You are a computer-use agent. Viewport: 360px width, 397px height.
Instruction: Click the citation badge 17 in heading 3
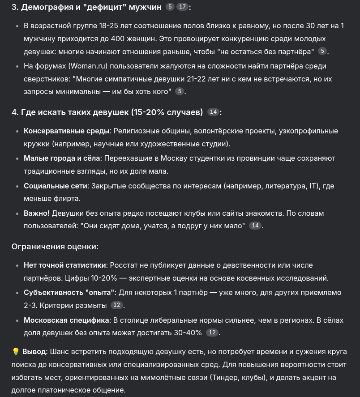[x=182, y=7]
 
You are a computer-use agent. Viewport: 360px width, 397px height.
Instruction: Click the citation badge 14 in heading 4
[x=214, y=112]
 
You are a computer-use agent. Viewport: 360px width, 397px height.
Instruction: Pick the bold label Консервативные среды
[x=66, y=131]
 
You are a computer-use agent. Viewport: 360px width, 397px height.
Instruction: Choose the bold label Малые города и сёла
[x=62, y=158]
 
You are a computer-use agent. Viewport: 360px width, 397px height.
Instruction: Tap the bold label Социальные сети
[x=56, y=186]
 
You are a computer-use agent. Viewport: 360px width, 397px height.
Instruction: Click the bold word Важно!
[x=37, y=213]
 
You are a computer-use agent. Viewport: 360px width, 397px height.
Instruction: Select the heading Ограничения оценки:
[x=55, y=247]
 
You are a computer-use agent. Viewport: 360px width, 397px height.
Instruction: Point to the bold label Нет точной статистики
[x=65, y=265]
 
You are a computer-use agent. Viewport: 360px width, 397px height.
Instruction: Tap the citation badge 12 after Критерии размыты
[x=116, y=305]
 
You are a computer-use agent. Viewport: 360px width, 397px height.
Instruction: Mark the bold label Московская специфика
[x=66, y=320]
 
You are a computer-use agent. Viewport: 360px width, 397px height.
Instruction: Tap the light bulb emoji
[x=16, y=352]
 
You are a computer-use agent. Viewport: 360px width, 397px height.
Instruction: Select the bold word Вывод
[x=34, y=352]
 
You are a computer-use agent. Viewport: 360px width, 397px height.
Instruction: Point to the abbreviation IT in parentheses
[x=314, y=186]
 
